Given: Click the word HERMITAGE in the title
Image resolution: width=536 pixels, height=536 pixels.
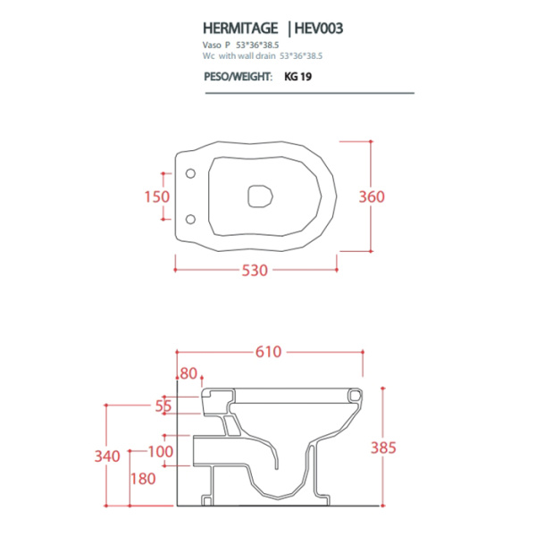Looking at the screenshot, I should (236, 28).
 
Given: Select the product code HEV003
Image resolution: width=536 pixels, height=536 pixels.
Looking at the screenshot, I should (314, 28).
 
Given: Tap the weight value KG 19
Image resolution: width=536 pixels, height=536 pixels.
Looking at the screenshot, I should (297, 77).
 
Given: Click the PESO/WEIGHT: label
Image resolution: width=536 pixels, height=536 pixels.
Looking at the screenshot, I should (237, 77).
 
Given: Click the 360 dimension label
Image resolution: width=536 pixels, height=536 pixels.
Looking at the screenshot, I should (386, 196).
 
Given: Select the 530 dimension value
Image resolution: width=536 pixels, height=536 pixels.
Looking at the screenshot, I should (255, 271).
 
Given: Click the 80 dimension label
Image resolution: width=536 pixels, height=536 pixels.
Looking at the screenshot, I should (188, 373).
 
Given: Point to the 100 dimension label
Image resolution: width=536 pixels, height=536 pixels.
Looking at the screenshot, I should (161, 451).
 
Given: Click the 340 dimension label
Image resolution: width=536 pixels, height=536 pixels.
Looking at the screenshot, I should (106, 456).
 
